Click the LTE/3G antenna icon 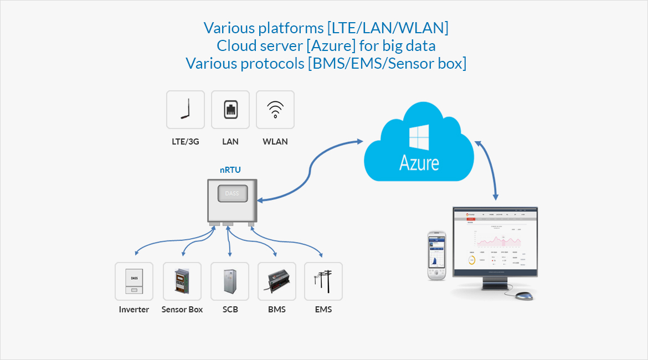click(186, 110)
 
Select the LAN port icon click(230, 110)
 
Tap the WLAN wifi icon click(275, 110)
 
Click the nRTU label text click(230, 170)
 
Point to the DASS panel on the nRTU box click(233, 193)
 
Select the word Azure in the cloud click(419, 163)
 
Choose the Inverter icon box click(134, 281)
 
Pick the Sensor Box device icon click(182, 281)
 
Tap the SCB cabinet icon click(230, 281)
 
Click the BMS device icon click(277, 281)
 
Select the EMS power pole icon click(323, 281)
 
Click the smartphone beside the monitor click(436, 256)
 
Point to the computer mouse click(524, 296)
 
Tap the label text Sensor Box click(182, 310)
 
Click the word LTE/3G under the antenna click(186, 141)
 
